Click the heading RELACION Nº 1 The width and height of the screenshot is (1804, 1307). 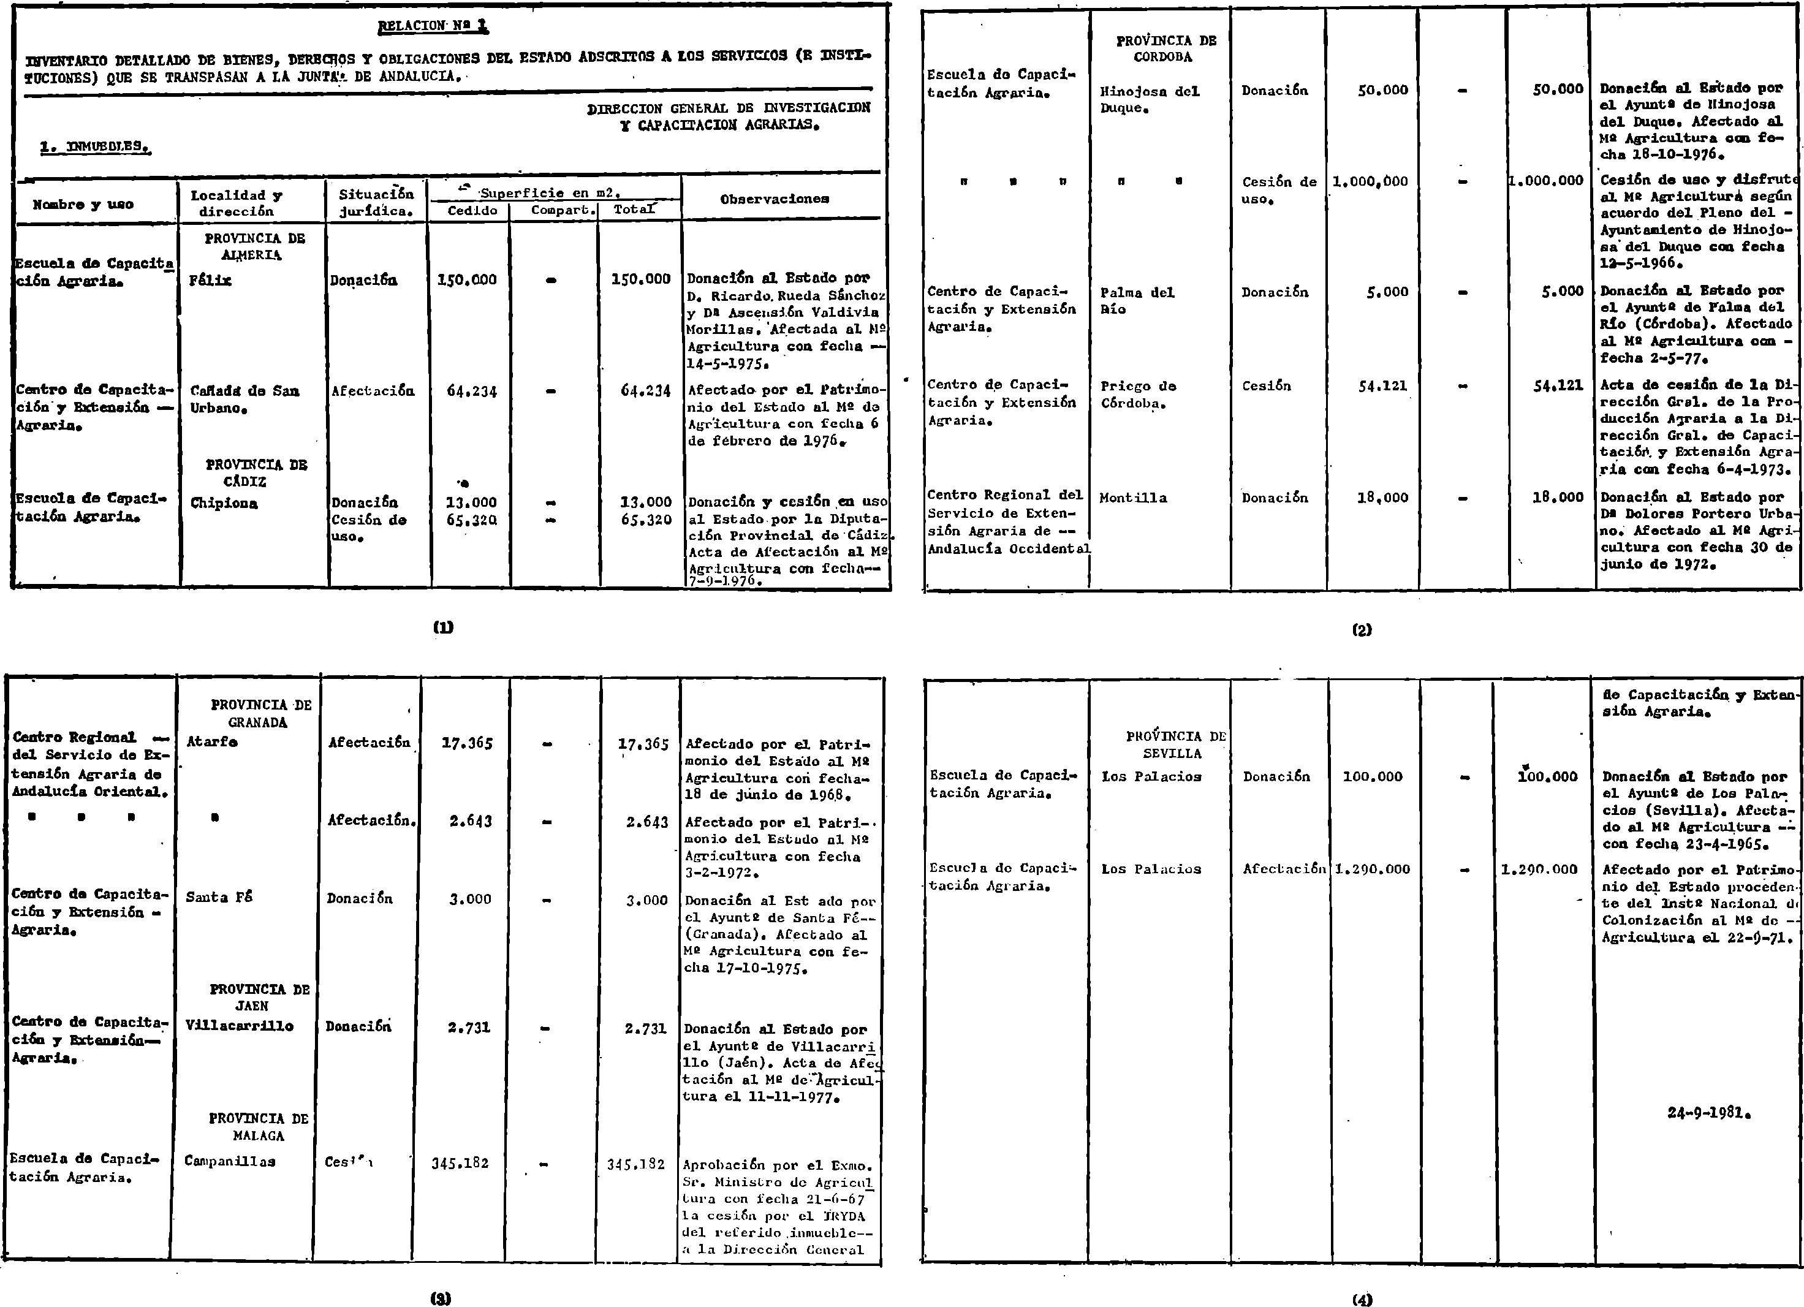click(433, 26)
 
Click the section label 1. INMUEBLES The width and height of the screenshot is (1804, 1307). click(96, 146)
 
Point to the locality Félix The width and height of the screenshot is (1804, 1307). click(210, 280)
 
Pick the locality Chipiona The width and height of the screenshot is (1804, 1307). click(224, 502)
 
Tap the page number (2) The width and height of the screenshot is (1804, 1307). click(1362, 630)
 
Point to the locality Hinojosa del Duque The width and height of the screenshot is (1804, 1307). click(1150, 99)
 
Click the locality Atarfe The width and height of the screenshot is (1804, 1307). click(211, 741)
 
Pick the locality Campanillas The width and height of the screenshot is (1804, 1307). click(230, 1161)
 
